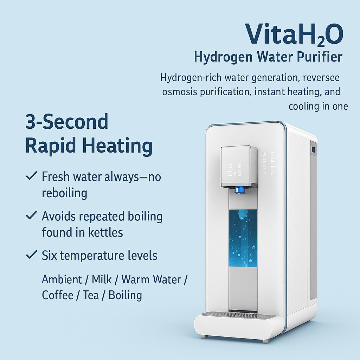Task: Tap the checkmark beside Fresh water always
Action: pyautogui.click(x=32, y=176)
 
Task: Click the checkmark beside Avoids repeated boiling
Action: pyautogui.click(x=32, y=216)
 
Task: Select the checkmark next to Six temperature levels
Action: pyautogui.click(x=32, y=255)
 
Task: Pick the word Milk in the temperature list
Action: pyautogui.click(x=102, y=279)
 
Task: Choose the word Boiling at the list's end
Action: pyautogui.click(x=125, y=295)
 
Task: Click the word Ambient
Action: pyautogui.click(x=62, y=279)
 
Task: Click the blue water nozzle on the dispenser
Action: pyautogui.click(x=240, y=190)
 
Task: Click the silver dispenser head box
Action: pyautogui.click(x=239, y=166)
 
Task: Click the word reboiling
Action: pyautogui.click(x=64, y=193)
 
